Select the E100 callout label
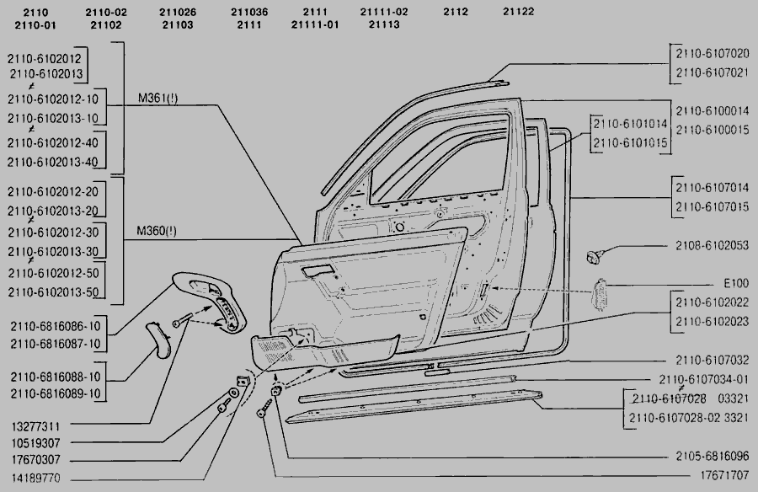735,284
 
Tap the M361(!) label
158,99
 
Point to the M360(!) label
157,230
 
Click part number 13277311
35,425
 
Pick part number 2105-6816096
711,456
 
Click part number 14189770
35,476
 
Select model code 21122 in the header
520,12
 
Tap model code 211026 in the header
177,12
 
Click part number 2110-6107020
711,51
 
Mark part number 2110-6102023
711,320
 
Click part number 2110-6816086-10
56,326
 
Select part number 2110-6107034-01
704,378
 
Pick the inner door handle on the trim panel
318,271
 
